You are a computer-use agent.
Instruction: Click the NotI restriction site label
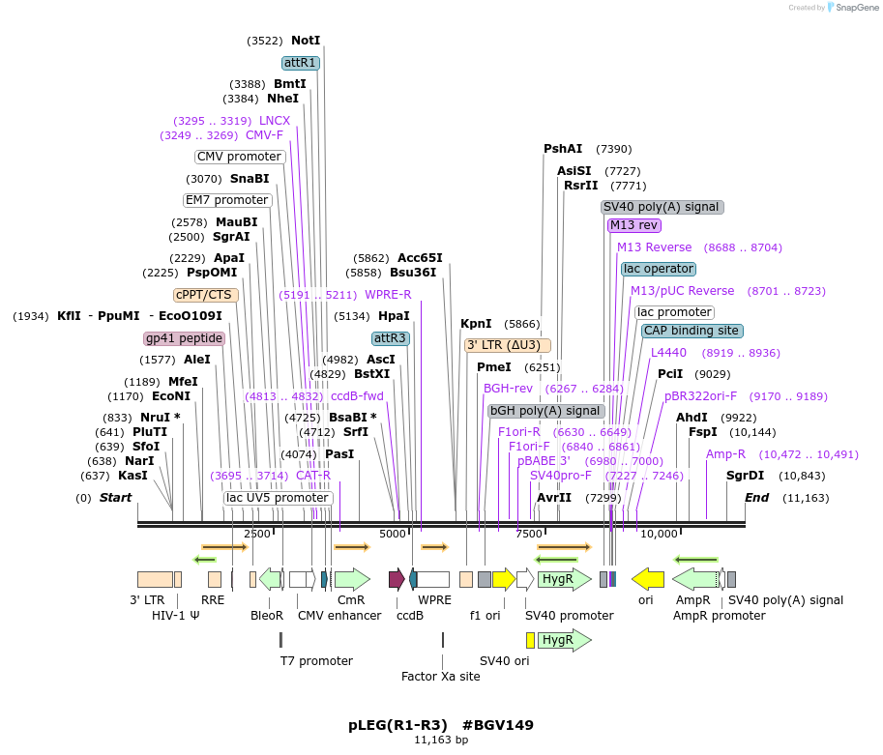point(305,41)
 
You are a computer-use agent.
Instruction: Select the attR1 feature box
point(300,63)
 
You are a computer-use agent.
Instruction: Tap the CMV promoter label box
point(240,157)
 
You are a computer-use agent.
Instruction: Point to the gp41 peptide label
point(184,338)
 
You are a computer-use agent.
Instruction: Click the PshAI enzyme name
point(563,149)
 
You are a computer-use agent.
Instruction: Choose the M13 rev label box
point(633,225)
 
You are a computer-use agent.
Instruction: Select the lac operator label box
point(658,269)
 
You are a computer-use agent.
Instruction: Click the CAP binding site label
point(692,331)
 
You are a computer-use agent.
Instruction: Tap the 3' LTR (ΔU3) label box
point(507,345)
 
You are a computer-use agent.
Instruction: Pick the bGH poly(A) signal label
point(546,411)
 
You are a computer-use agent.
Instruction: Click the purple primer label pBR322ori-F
point(700,395)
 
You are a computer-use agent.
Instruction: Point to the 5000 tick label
point(393,534)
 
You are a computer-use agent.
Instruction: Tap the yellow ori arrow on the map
point(647,578)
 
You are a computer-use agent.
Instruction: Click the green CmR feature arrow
point(352,579)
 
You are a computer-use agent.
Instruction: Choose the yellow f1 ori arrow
point(504,579)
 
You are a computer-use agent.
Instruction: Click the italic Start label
point(115,497)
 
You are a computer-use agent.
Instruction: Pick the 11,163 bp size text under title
point(441,740)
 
